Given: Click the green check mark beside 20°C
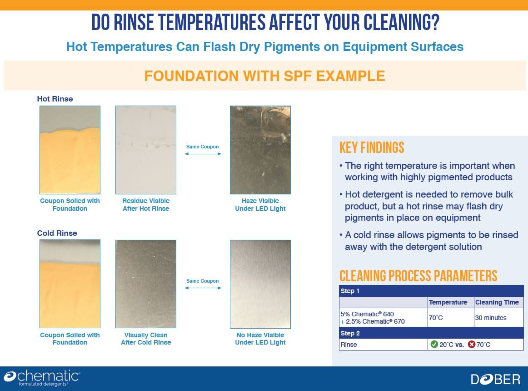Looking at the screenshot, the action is click(x=434, y=344).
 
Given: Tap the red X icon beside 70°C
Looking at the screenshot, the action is click(x=472, y=344).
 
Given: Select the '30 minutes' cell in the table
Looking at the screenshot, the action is click(x=491, y=318).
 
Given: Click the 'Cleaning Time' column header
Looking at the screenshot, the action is click(x=497, y=302).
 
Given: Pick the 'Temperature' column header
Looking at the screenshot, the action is click(x=448, y=302).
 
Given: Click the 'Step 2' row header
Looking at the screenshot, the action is click(x=350, y=333).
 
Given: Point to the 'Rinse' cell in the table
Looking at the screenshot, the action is click(x=349, y=345).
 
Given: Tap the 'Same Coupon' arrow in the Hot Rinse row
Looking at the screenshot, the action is click(x=203, y=154).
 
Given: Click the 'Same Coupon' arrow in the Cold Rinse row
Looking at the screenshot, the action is click(x=203, y=288).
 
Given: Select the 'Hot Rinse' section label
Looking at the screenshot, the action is click(x=55, y=99).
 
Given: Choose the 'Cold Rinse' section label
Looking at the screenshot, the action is click(x=57, y=233).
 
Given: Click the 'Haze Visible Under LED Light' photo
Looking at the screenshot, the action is click(x=260, y=150).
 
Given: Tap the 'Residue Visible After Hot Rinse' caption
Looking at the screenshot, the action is click(x=146, y=204).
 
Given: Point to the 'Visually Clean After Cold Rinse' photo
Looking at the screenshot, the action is click(x=146, y=284).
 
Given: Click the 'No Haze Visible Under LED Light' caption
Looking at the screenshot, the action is click(x=260, y=339).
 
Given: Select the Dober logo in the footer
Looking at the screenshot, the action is click(x=496, y=380).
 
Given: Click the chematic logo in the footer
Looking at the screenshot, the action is click(x=42, y=378).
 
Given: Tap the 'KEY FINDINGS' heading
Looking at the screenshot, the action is click(x=372, y=148).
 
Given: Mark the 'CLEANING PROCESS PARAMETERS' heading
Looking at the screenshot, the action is click(x=418, y=276).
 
